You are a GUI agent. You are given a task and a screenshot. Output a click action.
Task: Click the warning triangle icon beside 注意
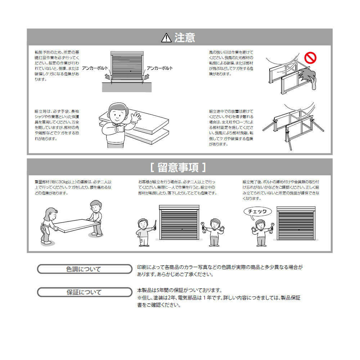point(166,37)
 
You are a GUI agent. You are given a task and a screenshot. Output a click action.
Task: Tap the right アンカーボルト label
point(159,68)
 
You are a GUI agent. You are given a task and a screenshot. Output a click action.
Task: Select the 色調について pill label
point(85,269)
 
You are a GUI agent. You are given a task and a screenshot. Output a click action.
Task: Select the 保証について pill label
point(85,292)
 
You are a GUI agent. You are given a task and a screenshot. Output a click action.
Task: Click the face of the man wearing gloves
point(118,113)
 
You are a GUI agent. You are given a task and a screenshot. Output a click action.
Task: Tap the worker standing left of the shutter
point(145,232)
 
